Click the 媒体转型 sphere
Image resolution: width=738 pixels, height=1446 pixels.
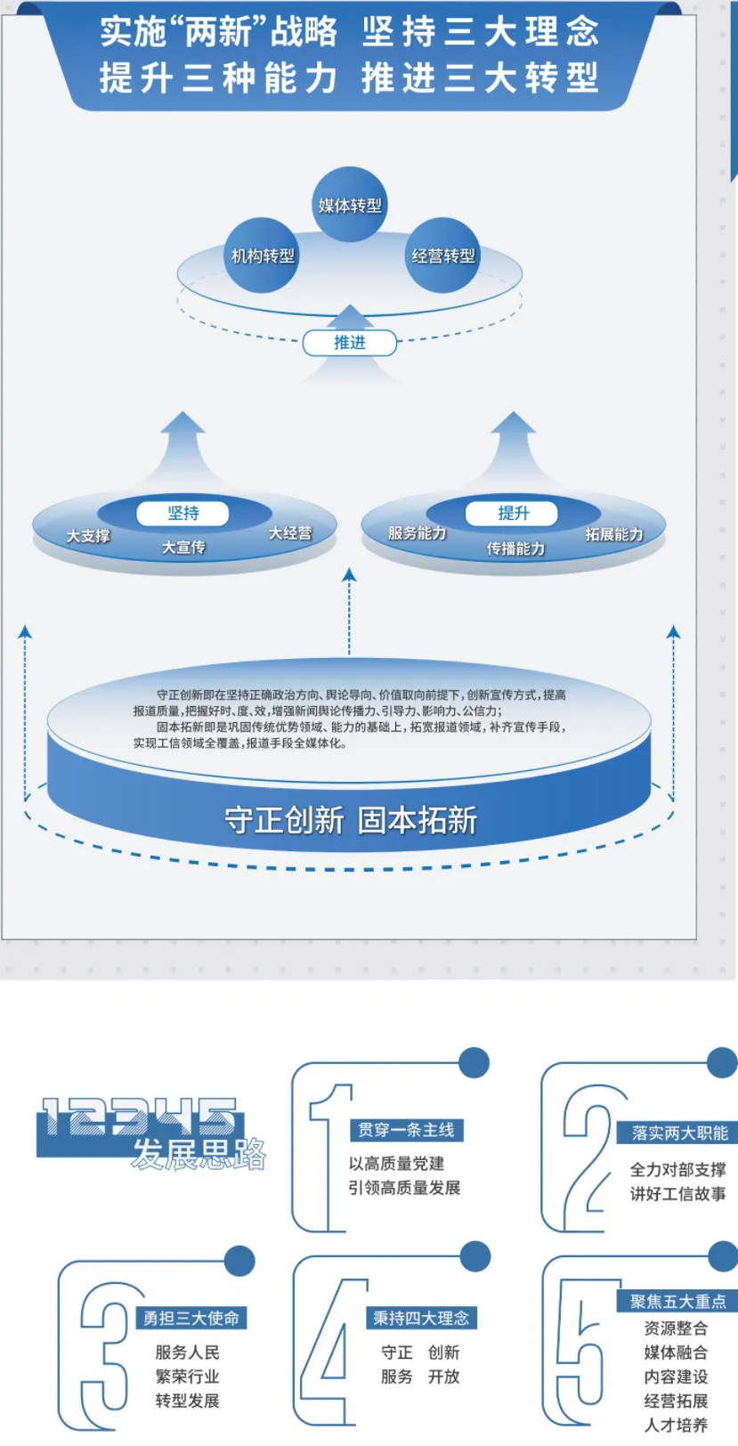tap(350, 205)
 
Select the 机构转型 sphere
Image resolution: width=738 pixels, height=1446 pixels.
tap(262, 256)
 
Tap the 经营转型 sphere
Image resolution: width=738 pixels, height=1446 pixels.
tap(442, 256)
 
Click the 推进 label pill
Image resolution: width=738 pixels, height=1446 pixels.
tap(349, 343)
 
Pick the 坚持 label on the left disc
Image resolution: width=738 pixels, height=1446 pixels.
tap(183, 514)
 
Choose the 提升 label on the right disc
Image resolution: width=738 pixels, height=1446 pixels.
tap(513, 514)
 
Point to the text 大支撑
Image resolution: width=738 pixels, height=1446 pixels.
tap(88, 536)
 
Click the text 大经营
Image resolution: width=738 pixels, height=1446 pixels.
tap(290, 533)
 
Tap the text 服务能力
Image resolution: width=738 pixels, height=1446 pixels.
tap(417, 533)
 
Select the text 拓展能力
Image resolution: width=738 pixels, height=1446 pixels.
tap(613, 534)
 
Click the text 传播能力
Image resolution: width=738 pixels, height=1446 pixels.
tap(515, 548)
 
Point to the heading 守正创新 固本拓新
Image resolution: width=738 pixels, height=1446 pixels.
tap(350, 820)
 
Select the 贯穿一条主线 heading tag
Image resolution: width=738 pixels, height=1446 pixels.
tap(406, 1130)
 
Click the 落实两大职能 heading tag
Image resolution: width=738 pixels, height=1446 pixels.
tap(678, 1133)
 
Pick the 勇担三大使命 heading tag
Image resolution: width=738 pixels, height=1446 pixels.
tap(191, 1318)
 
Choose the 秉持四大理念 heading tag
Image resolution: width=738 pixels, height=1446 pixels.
tap(421, 1318)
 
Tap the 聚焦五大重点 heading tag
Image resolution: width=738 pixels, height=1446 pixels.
tap(677, 1301)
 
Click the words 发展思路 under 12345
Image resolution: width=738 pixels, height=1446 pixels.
tap(199, 1154)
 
